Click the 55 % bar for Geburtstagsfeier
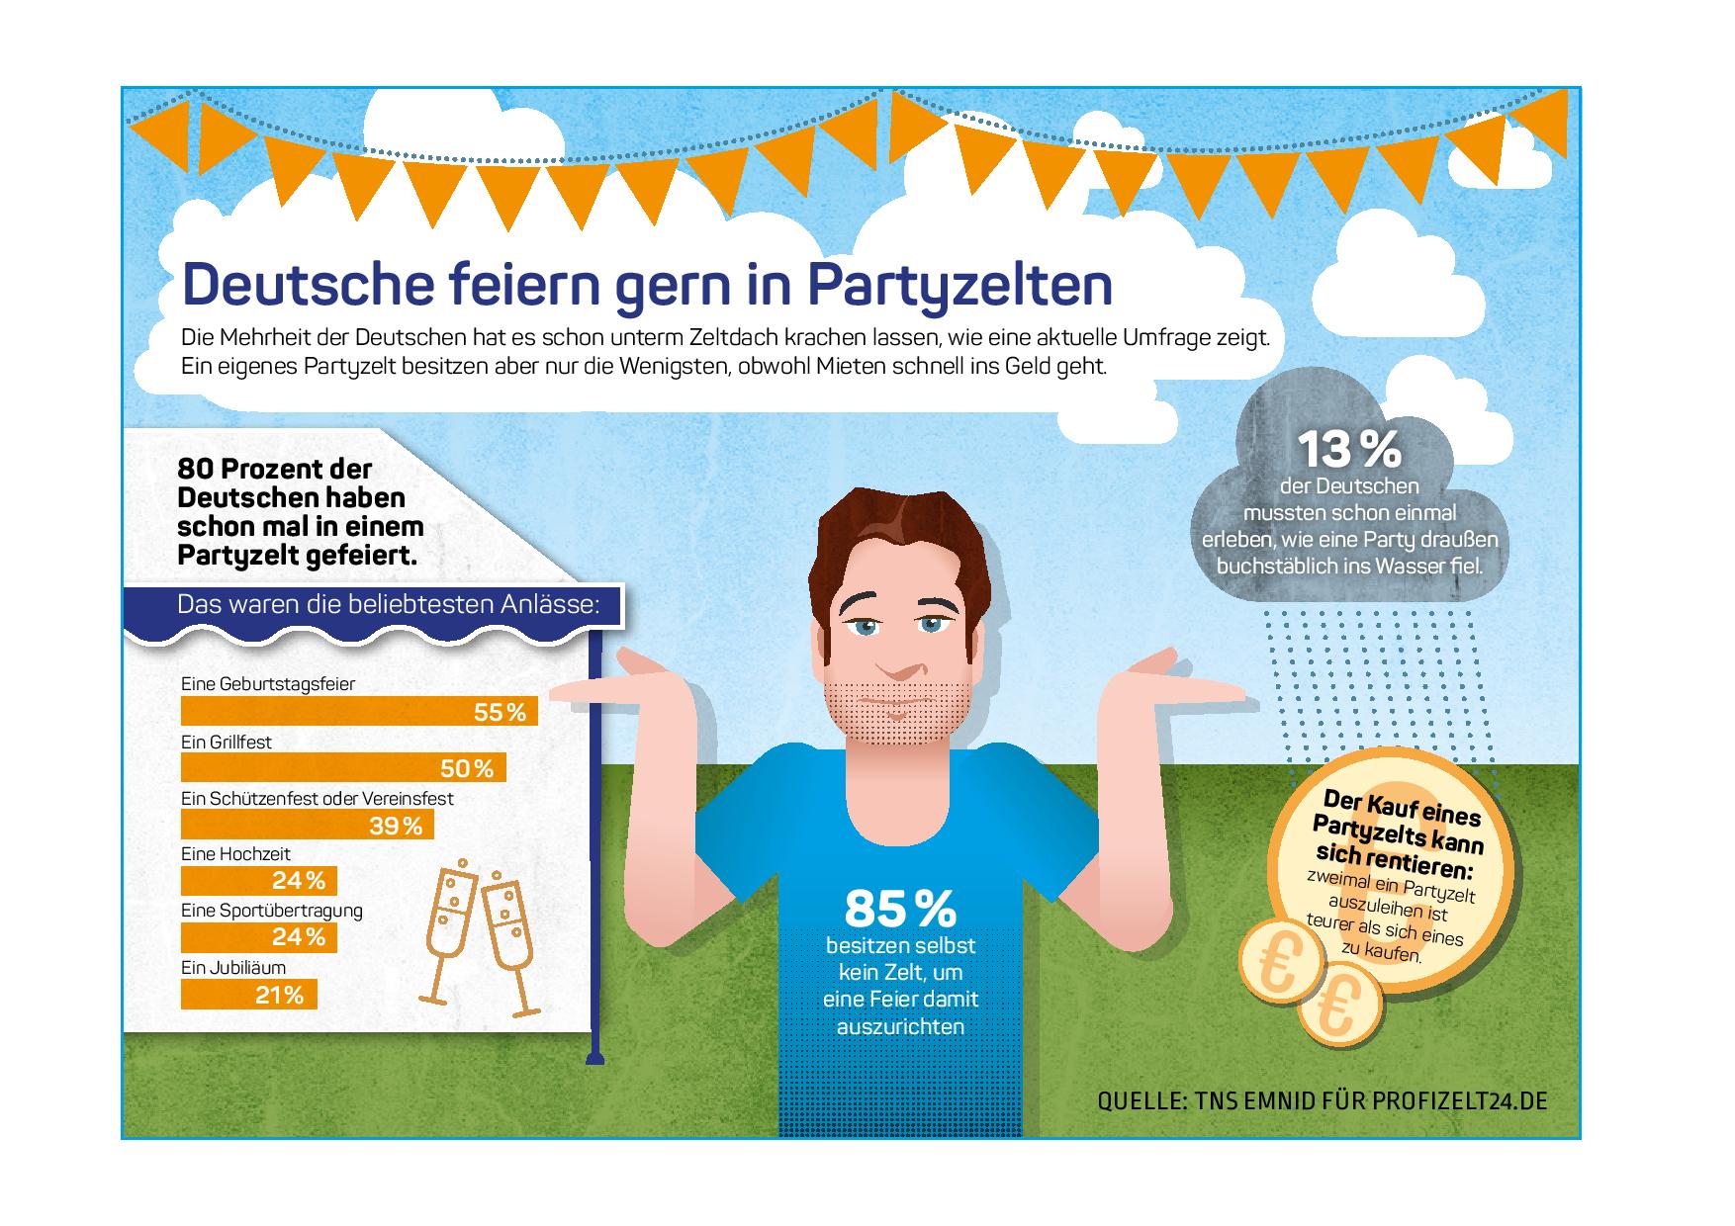tap(359, 712)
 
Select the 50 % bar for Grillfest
tap(343, 768)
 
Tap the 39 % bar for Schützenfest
tap(307, 826)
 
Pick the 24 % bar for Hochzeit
tap(258, 880)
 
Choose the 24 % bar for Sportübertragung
tap(258, 936)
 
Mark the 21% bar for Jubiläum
tap(248, 994)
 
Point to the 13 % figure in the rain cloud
tap(1348, 450)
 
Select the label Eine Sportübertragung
tap(272, 911)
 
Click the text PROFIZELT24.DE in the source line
tap(1459, 1100)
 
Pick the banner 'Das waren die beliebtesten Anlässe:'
tap(388, 604)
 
